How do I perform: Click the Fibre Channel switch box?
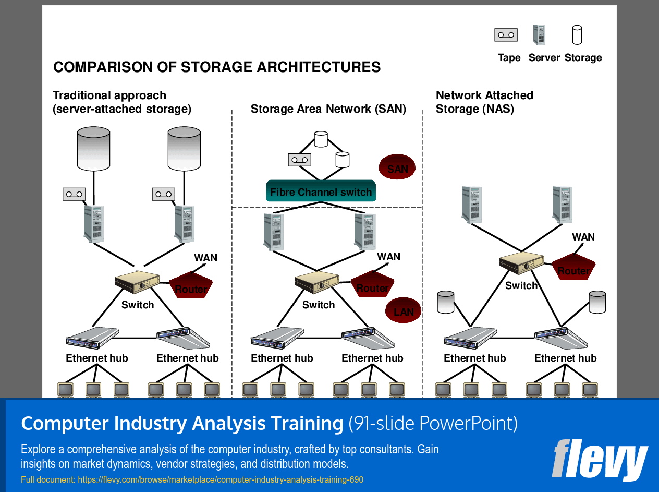(x=321, y=191)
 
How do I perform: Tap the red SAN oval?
(x=397, y=167)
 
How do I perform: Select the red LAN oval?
(x=403, y=310)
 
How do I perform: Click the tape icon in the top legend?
(x=506, y=35)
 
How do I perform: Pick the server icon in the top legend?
(x=539, y=35)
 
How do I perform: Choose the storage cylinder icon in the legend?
(x=577, y=35)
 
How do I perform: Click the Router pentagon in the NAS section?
(x=573, y=267)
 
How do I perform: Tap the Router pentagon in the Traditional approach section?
(x=191, y=285)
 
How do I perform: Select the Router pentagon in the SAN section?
(x=372, y=284)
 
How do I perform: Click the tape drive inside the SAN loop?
(x=299, y=160)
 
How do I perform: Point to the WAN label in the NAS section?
(x=583, y=237)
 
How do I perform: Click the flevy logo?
(x=600, y=459)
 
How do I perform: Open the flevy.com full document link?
(x=192, y=479)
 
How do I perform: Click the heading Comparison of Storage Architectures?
(x=217, y=67)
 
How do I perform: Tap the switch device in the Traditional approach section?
(x=137, y=282)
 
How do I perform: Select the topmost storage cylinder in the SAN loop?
(x=321, y=139)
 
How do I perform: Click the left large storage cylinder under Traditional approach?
(x=93, y=149)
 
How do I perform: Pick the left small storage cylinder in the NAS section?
(x=446, y=302)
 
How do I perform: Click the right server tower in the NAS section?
(x=563, y=205)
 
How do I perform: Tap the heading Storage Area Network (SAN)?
(x=328, y=109)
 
